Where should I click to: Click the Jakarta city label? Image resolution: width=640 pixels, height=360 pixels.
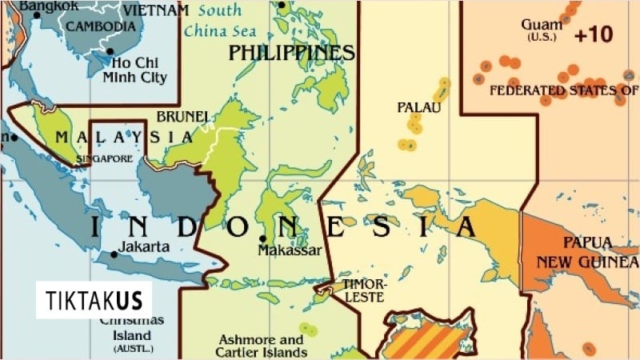click(x=144, y=246)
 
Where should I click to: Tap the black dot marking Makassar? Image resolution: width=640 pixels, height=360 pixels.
click(x=262, y=238)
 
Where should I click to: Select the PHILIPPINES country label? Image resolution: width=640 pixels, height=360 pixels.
click(x=291, y=53)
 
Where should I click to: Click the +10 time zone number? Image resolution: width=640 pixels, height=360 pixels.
click(x=593, y=34)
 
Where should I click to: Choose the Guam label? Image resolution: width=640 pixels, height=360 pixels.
click(x=541, y=24)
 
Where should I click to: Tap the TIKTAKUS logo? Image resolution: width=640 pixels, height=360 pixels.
click(x=94, y=301)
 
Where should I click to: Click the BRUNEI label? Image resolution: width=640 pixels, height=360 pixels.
click(x=183, y=117)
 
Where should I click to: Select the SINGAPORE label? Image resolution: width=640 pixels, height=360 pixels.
click(x=105, y=159)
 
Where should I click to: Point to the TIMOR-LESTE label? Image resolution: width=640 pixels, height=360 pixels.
click(x=364, y=290)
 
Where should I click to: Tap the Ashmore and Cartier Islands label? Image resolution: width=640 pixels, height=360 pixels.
click(x=261, y=346)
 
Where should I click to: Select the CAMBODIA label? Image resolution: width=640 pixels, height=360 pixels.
click(x=101, y=26)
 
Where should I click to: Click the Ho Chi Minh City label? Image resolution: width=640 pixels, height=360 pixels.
click(x=134, y=70)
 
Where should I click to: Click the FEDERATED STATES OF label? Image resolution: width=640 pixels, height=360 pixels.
click(x=563, y=90)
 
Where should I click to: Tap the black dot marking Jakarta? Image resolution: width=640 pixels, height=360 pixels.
click(x=114, y=254)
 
